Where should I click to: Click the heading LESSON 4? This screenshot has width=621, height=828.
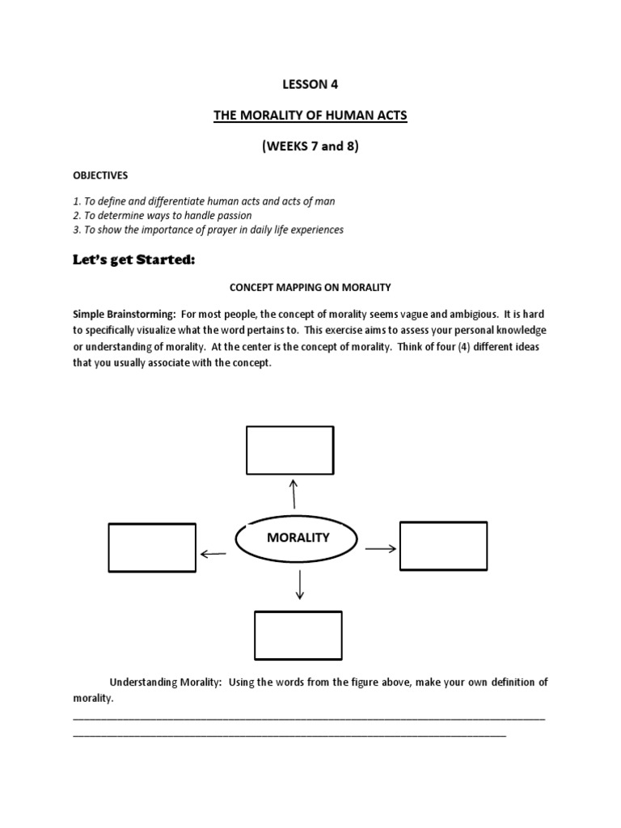point(310,85)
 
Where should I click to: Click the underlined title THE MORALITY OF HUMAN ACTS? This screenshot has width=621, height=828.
point(310,116)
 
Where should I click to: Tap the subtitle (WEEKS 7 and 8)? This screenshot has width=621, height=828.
point(310,147)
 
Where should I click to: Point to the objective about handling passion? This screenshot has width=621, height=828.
point(163,216)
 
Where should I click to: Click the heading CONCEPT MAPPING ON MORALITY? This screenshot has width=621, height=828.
point(310,286)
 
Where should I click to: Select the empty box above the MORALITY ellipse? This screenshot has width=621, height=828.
point(289,450)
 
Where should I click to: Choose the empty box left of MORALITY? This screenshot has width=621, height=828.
point(152,547)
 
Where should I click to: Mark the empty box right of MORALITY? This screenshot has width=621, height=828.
point(443,546)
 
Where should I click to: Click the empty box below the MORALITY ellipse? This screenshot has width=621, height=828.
point(298,636)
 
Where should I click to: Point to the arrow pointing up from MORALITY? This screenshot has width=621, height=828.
point(293,492)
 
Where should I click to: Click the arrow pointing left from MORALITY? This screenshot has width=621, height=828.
point(213,554)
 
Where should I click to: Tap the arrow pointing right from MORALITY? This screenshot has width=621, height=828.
point(380,548)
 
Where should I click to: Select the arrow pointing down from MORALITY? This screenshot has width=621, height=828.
point(300,585)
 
